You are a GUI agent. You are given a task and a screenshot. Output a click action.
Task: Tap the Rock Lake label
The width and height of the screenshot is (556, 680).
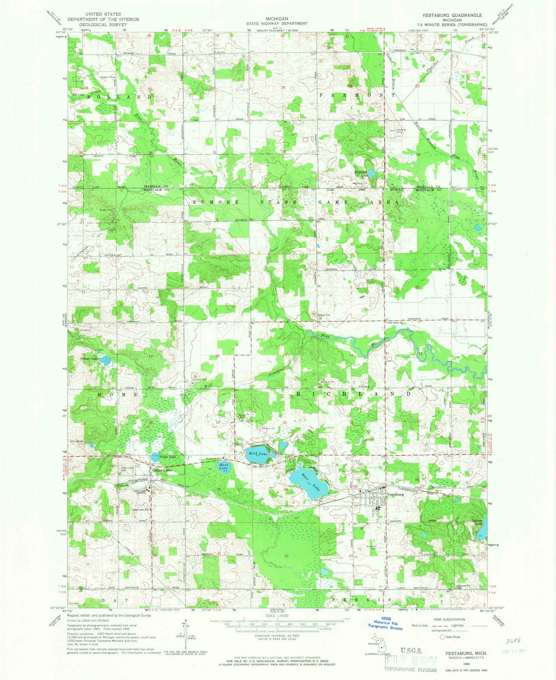(256, 453)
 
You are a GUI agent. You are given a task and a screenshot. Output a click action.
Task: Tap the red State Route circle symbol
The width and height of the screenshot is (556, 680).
(441, 636)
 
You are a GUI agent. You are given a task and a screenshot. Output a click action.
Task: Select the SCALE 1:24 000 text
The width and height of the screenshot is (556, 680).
(277, 616)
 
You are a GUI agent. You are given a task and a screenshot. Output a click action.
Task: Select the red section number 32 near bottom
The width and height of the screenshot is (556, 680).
(286, 556)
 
